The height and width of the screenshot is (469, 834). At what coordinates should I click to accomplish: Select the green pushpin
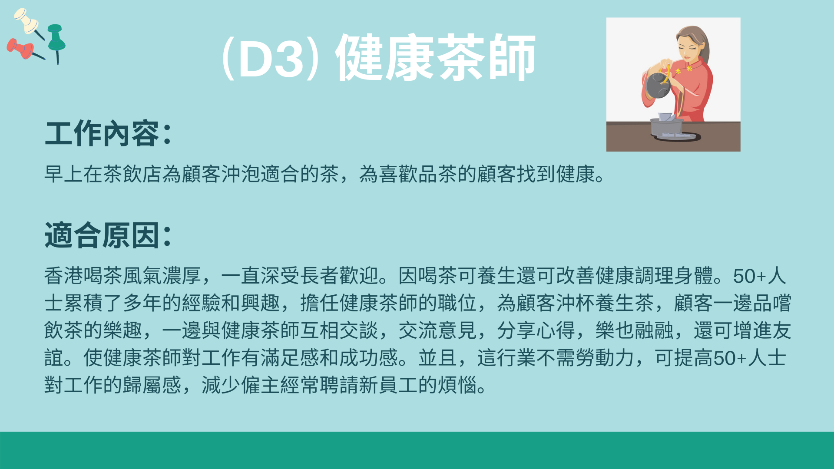point(56,41)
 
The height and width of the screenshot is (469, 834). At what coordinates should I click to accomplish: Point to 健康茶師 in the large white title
point(436,57)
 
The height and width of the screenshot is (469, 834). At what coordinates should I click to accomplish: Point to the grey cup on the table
point(666,126)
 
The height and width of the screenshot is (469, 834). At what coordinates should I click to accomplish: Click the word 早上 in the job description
point(64,174)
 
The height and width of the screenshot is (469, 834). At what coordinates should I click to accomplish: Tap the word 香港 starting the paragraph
point(64,276)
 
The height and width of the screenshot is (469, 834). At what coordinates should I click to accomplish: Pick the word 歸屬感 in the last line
point(152,385)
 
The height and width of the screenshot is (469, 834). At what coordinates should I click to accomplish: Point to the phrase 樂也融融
point(634,330)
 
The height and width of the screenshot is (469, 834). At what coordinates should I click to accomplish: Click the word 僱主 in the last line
point(261,385)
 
